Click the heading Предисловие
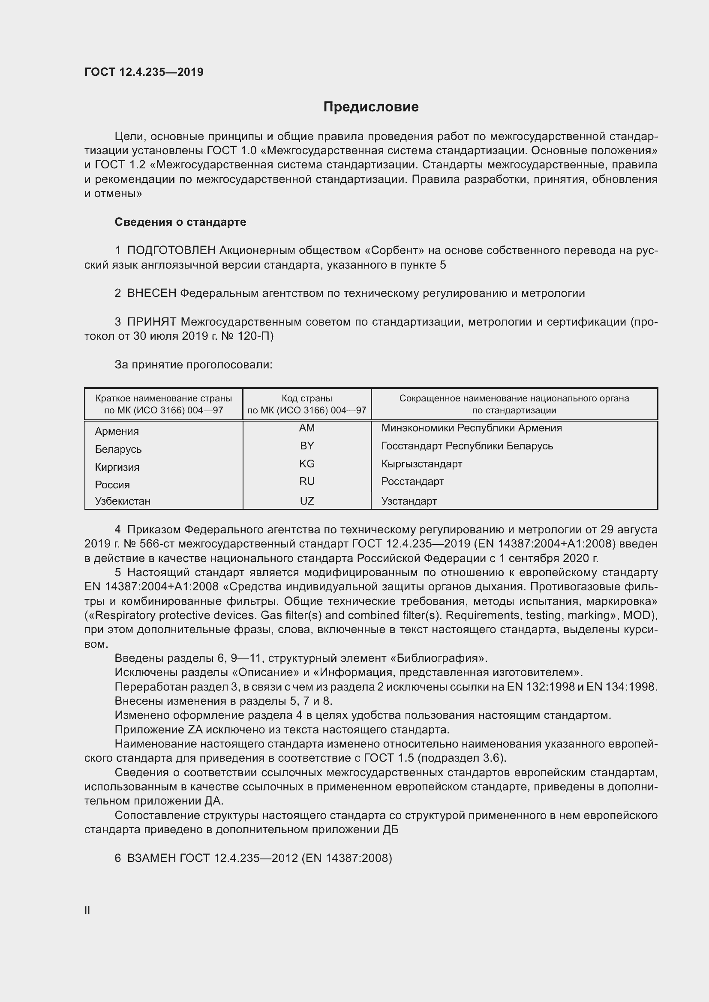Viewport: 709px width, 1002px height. pos(371,107)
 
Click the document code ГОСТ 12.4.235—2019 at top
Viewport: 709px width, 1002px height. pos(144,72)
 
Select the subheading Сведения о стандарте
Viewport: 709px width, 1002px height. pos(180,222)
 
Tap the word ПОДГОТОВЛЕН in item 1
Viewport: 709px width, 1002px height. pos(171,251)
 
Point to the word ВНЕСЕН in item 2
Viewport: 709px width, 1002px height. pos(151,293)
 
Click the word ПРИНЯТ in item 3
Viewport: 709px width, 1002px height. pos(151,322)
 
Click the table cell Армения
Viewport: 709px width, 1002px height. pos(117,431)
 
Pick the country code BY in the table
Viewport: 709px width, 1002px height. pos(307,446)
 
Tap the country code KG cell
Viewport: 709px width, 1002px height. pos(307,464)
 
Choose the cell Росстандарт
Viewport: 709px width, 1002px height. pos(412,482)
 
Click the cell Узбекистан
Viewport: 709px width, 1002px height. pos(123,501)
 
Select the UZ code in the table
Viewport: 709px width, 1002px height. pos(307,501)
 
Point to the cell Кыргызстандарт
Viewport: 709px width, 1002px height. pos(421,464)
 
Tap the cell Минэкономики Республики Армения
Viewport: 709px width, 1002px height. pos(471,428)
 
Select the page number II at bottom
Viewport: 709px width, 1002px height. pos(87,910)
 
